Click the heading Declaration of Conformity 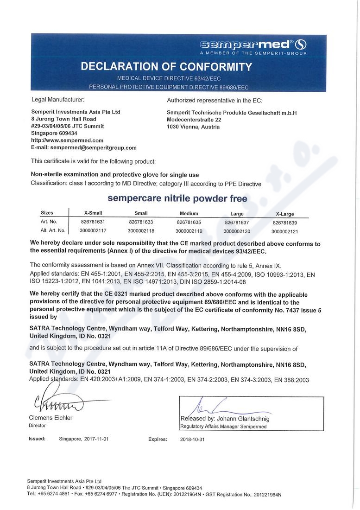pyautogui.click(x=166, y=66)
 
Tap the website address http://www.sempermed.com pyautogui.click(x=67, y=140)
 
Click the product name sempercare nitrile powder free pyautogui.click(x=177, y=198)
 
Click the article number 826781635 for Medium pyautogui.click(x=187, y=222)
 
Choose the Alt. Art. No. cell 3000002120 pyautogui.click(x=236, y=230)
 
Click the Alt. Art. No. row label pyautogui.click(x=53, y=230)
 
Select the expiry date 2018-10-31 pyautogui.click(x=192, y=439)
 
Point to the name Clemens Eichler pyautogui.click(x=51, y=418)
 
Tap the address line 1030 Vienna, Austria pyautogui.click(x=193, y=127)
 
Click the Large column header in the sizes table pyautogui.click(x=237, y=214)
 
